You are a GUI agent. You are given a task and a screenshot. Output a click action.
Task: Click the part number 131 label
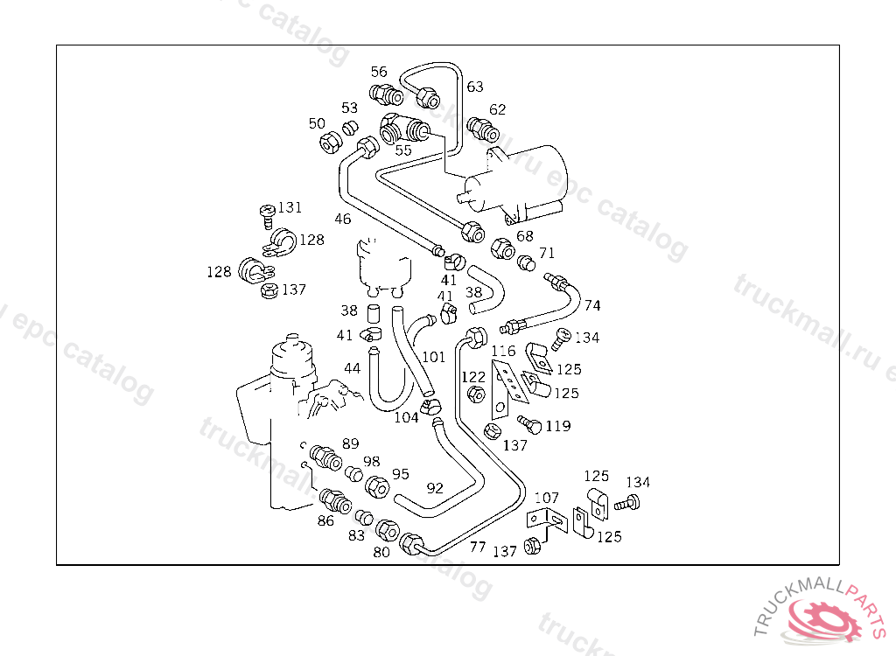pos(290,208)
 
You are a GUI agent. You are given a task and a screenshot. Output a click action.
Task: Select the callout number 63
pos(475,87)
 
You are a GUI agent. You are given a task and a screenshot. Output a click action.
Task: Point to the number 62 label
pos(498,110)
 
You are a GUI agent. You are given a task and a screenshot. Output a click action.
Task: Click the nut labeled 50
pos(331,143)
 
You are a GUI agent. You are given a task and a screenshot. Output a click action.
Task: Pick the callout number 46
pos(342,219)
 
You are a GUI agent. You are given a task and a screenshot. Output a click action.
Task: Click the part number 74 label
pos(592,305)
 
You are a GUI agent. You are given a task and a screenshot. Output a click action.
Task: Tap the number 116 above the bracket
pos(503,352)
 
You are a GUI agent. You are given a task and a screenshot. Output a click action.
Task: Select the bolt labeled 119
pos(528,423)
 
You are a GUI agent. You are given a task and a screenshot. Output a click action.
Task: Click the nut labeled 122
pos(477,395)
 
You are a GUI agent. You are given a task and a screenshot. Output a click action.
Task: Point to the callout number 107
pos(547,499)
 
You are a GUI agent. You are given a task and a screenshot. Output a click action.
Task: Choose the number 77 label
pos(478,548)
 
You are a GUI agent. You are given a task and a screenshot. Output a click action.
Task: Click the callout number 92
pos(435,488)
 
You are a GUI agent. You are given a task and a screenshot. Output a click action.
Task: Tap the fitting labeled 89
pos(325,456)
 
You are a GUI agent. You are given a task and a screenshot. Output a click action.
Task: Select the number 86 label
pos(325,521)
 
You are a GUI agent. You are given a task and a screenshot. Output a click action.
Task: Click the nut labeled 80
pos(387,530)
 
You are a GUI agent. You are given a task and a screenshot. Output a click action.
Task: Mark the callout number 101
pos(434,357)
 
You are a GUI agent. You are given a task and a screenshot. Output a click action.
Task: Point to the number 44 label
pos(352,369)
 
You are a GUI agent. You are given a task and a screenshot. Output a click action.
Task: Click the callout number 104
pos(406,418)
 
